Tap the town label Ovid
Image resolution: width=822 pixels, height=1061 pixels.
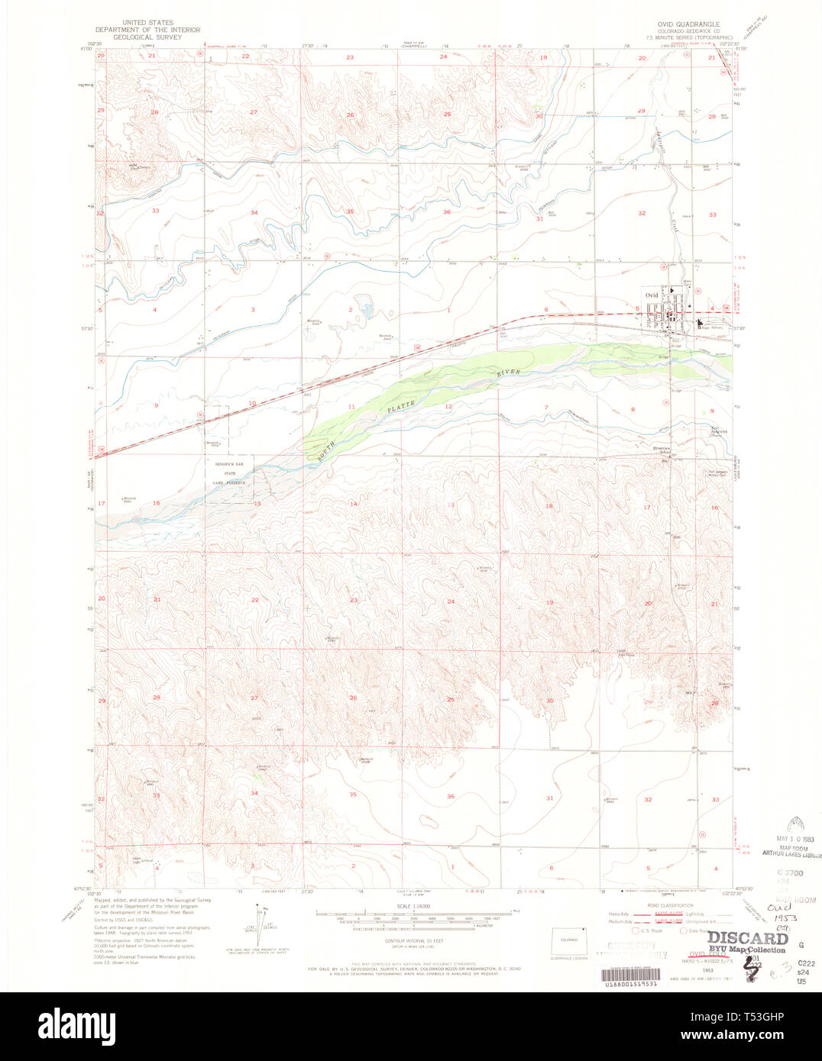pyautogui.click(x=651, y=295)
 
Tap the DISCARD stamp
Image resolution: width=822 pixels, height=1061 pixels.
pyautogui.click(x=746, y=938)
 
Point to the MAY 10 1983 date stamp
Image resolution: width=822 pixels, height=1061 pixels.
pyautogui.click(x=795, y=839)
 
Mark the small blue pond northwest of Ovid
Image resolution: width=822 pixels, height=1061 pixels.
pyautogui.click(x=365, y=309)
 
